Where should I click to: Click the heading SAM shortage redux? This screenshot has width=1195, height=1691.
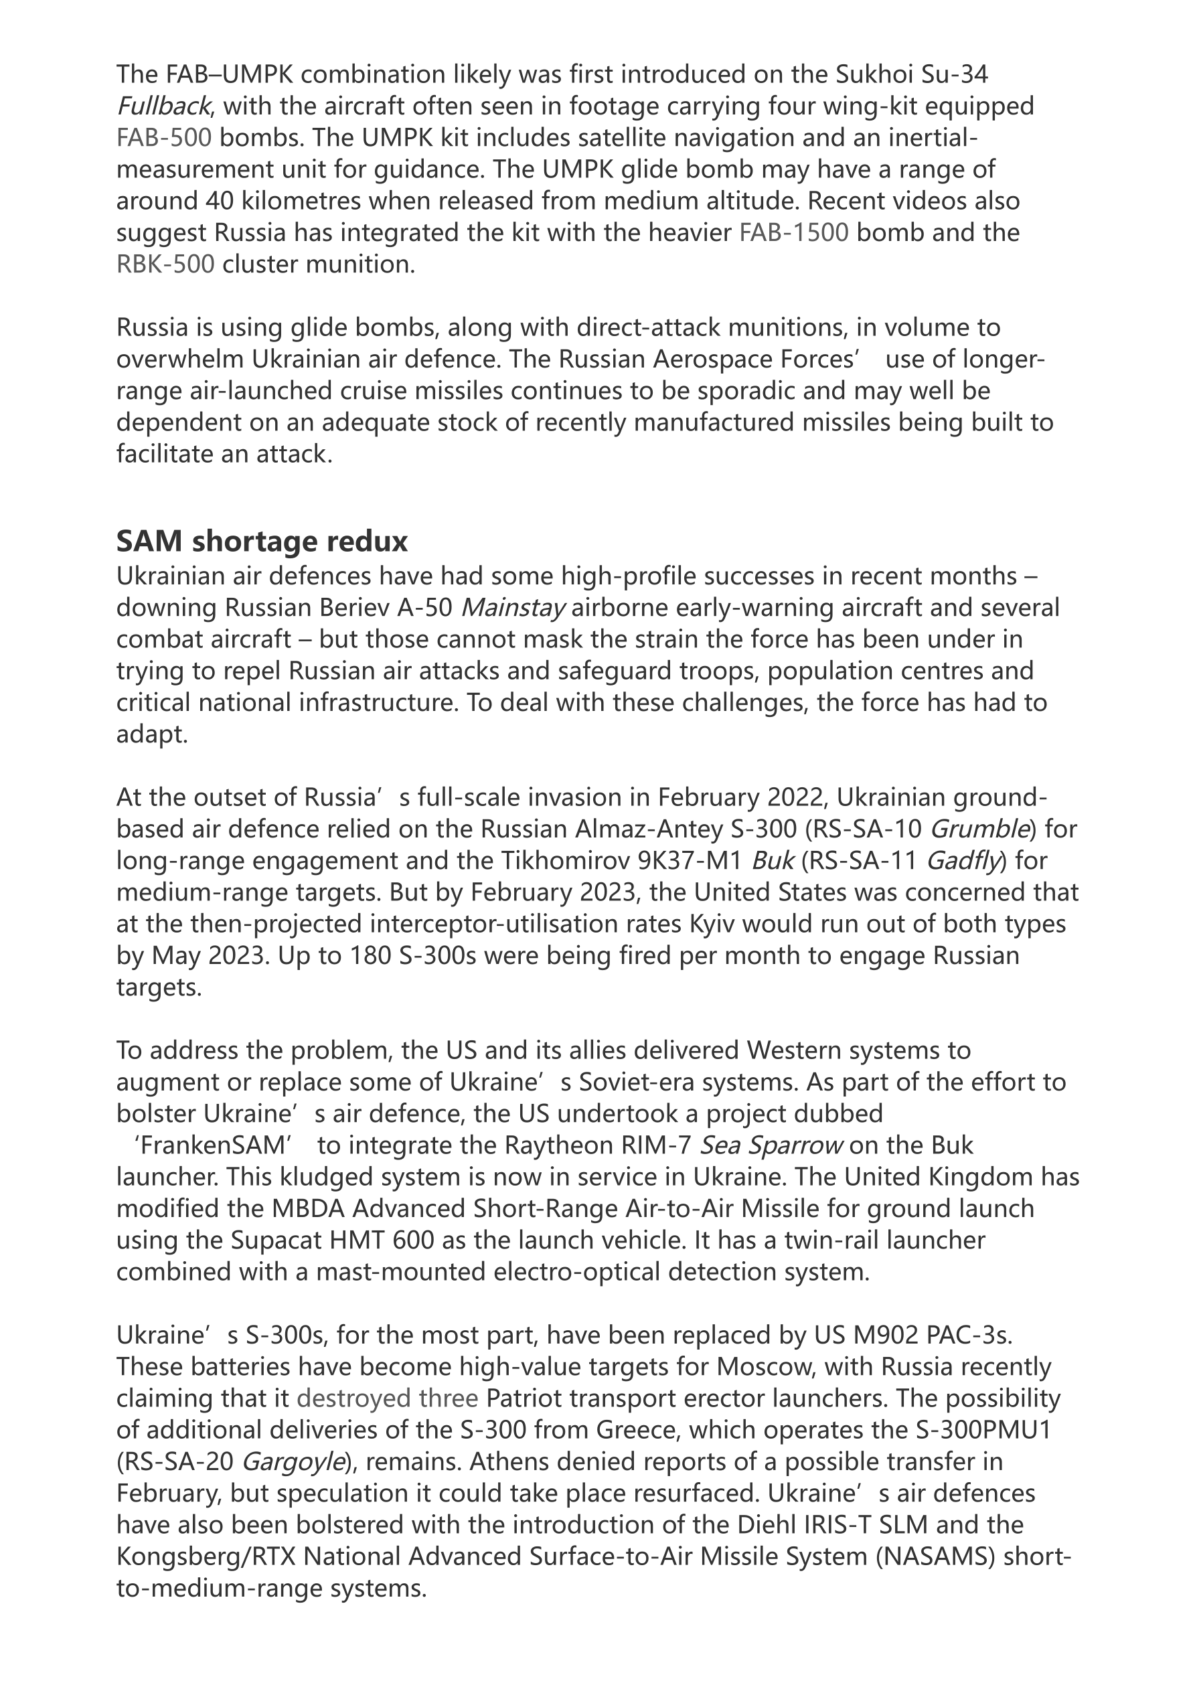tap(262, 542)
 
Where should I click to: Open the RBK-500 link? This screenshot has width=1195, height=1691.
tap(166, 264)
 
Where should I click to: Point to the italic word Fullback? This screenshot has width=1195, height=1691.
tap(163, 106)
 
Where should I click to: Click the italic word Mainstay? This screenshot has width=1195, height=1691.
tap(513, 609)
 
